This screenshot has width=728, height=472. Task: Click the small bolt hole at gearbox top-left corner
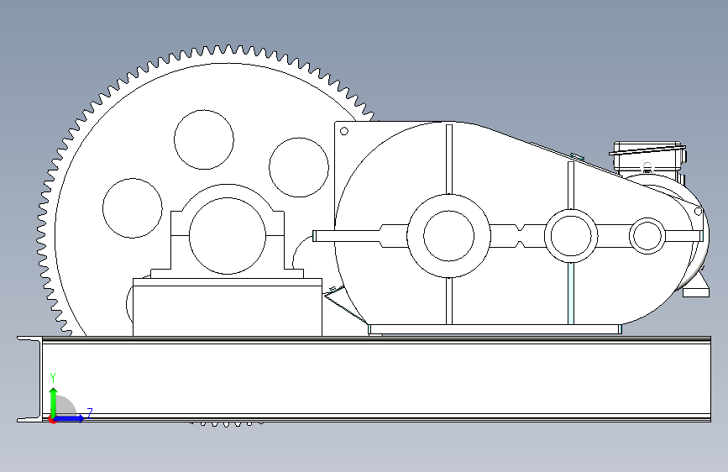coord(344,131)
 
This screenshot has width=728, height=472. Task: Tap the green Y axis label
coord(53,377)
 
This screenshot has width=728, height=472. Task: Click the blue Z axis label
coord(90,412)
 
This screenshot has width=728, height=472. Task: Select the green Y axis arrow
coord(54,402)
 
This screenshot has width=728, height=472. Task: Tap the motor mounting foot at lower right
coord(696,292)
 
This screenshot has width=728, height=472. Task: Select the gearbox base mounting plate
coord(495,329)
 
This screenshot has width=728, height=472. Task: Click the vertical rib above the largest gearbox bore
coord(449,159)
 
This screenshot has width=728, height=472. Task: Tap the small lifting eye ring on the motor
coord(647,165)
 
